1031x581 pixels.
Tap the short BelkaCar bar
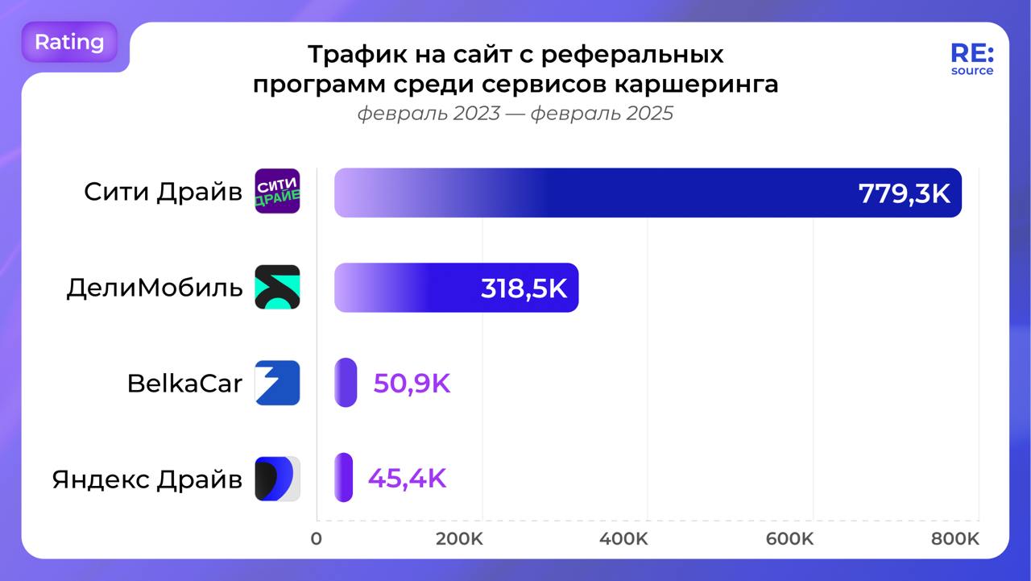point(346,383)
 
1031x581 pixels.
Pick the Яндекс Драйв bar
point(344,478)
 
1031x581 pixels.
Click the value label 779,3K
point(904,193)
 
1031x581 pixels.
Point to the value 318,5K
point(524,288)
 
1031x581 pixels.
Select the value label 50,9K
point(412,384)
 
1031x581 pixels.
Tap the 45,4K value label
point(407,479)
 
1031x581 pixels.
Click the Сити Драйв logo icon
point(277,192)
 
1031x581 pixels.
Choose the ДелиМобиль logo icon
point(277,287)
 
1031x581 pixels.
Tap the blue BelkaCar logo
point(277,383)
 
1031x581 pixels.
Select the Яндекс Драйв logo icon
point(277,479)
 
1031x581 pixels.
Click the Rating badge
point(69,42)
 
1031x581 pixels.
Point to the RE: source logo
point(971,59)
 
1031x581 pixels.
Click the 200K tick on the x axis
point(459,539)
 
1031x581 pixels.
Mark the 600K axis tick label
point(789,539)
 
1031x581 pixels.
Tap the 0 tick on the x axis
point(317,539)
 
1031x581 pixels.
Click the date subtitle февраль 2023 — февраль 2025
point(515,114)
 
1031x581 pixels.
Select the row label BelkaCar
point(184,384)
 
